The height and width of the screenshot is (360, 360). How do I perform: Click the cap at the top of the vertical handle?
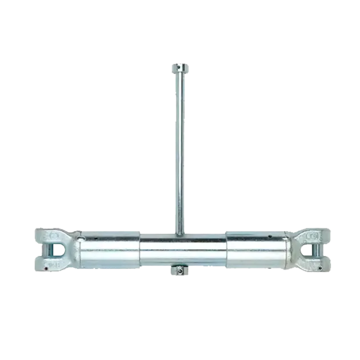tap(180, 69)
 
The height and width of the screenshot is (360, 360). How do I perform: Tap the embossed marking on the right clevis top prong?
tap(311, 235)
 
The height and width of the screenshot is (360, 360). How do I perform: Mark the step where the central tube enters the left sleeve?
tap(141, 250)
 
